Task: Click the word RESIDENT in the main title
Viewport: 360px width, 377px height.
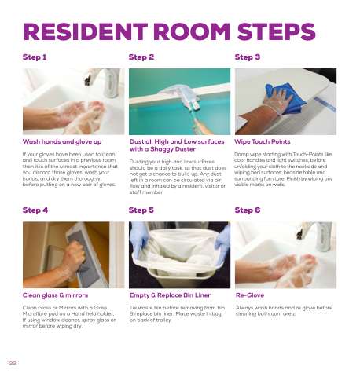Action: click(86, 31)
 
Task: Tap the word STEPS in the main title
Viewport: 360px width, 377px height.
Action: click(277, 31)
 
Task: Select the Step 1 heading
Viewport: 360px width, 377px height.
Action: click(35, 57)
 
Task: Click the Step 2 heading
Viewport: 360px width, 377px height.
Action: click(141, 57)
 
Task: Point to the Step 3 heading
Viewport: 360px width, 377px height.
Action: click(248, 57)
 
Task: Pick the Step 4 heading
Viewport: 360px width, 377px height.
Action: click(35, 210)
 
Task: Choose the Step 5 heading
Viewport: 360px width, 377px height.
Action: click(141, 210)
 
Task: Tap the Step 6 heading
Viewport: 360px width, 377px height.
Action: click(248, 210)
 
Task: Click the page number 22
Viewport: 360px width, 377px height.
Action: click(13, 363)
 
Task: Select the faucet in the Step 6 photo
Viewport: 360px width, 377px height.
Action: click(317, 235)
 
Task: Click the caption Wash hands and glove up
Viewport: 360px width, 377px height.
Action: click(62, 142)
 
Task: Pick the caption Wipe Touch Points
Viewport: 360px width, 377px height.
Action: click(263, 141)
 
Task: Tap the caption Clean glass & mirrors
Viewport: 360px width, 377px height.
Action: click(55, 295)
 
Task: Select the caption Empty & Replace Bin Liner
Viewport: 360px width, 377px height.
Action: click(170, 295)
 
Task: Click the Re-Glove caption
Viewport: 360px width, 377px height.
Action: click(250, 295)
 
